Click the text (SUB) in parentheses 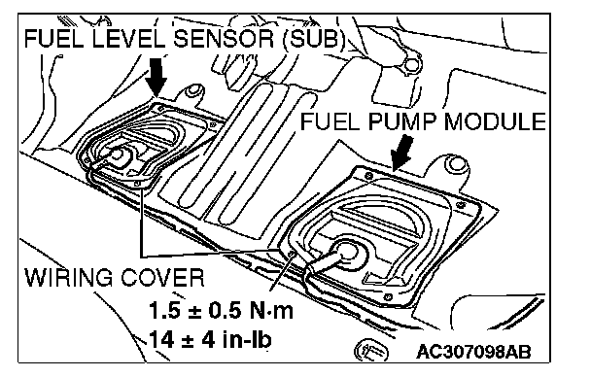click(314, 38)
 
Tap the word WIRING click(69, 277)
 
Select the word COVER click(163, 277)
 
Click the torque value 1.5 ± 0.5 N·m click(221, 310)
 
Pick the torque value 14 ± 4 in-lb click(210, 339)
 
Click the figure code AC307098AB click(473, 352)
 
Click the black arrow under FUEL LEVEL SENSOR click(157, 77)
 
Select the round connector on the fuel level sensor click(117, 154)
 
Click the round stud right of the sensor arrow click(194, 90)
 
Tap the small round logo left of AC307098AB click(371, 350)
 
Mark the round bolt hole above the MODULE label click(413, 64)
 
